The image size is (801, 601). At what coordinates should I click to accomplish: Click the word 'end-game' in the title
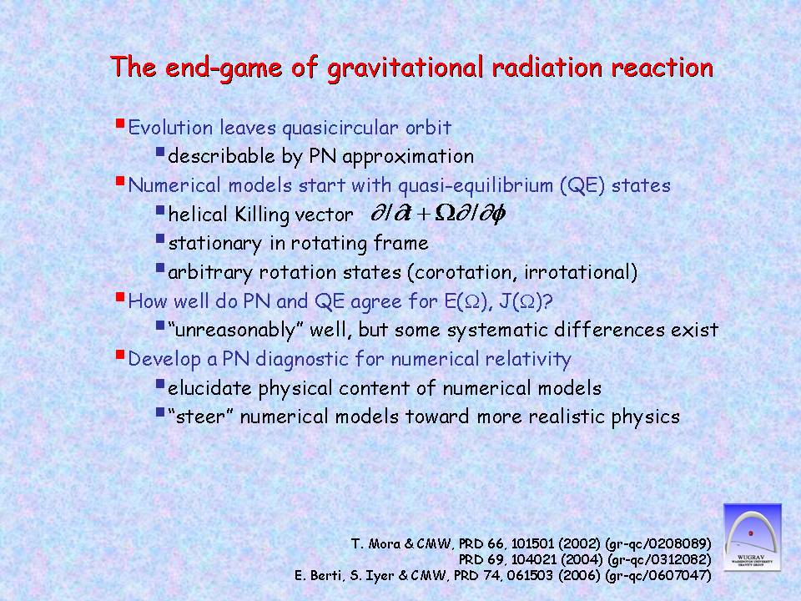[x=224, y=68]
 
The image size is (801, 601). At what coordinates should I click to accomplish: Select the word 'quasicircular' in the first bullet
[x=340, y=129]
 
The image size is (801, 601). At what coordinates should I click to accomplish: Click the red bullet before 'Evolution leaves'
[x=120, y=124]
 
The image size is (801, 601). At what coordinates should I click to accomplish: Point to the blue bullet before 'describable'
[x=160, y=152]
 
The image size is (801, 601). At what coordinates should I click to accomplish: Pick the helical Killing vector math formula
[x=438, y=213]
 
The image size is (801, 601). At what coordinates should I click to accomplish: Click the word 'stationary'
[x=215, y=243]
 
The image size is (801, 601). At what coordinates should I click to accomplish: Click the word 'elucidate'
[x=209, y=388]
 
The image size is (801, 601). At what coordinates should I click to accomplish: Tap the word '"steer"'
[x=201, y=417]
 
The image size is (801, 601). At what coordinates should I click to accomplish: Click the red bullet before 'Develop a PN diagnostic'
[x=120, y=355]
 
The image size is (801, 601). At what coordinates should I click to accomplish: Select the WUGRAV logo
[x=753, y=537]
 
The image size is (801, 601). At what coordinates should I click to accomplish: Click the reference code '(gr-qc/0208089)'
[x=658, y=543]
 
